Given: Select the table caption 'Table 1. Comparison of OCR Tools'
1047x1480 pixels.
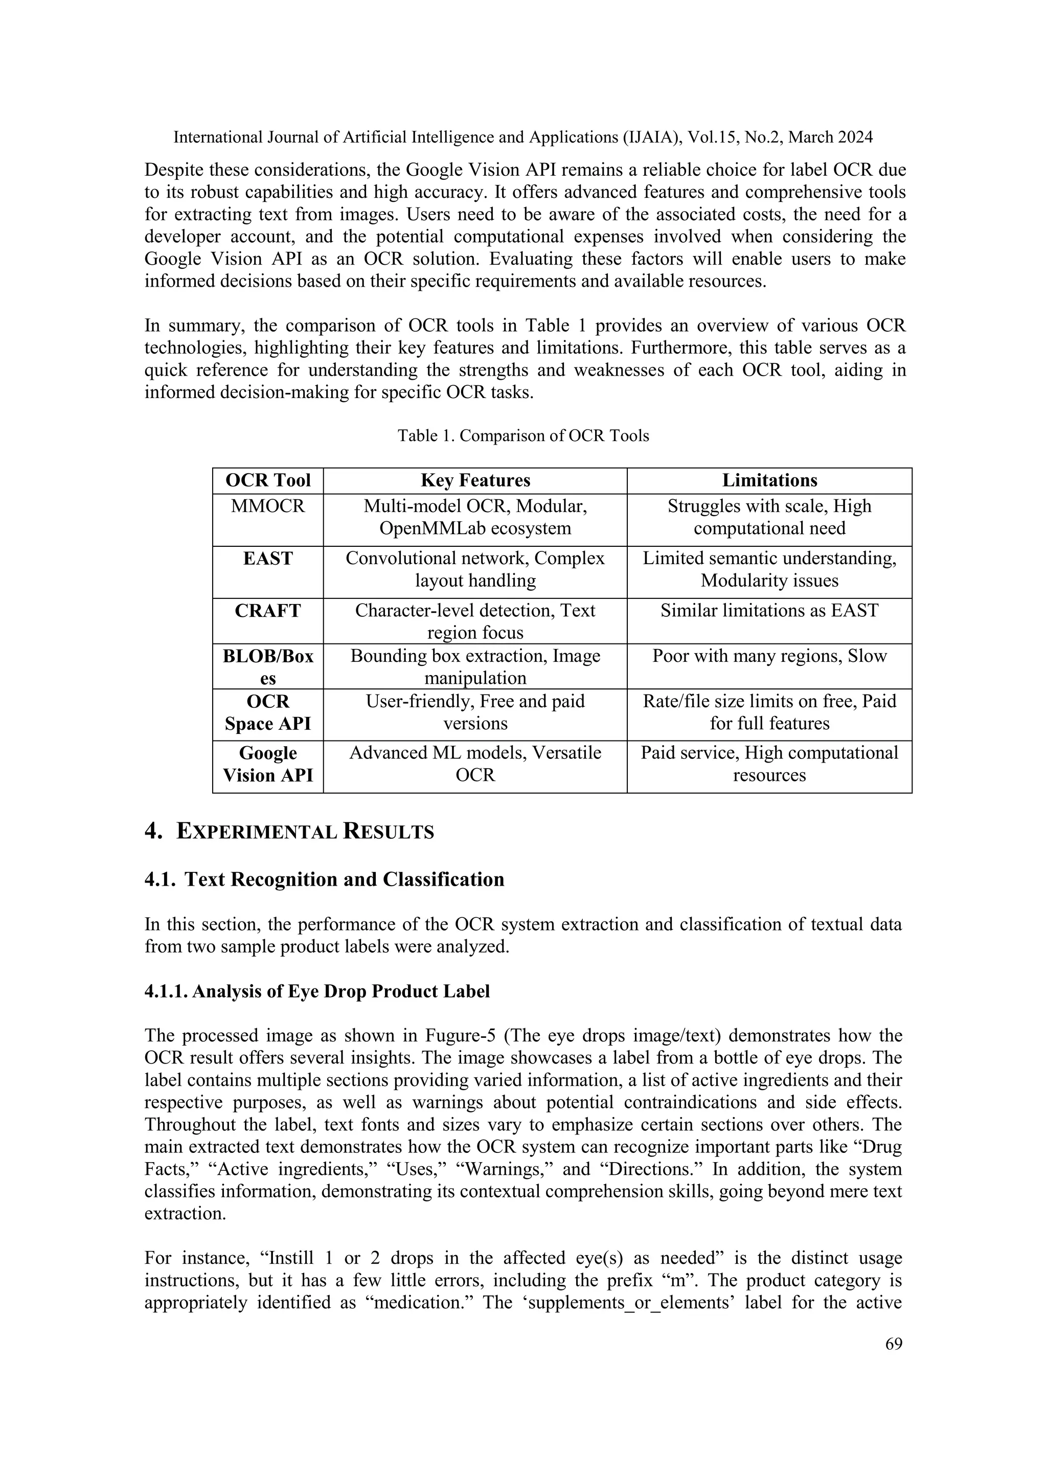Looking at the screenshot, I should (523, 436).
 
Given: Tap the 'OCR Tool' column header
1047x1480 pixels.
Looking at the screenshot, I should (267, 480).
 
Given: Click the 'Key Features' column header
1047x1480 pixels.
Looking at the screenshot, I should (475, 480).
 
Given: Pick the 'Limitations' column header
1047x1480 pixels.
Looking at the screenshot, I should (769, 480).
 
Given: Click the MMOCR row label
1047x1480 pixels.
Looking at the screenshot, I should (267, 506).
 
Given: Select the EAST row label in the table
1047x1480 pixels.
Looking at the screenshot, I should (267, 558).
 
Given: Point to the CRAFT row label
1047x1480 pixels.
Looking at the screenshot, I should (267, 610).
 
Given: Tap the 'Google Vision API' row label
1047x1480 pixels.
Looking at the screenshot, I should (267, 764).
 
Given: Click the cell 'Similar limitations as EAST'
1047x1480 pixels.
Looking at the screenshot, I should (769, 610).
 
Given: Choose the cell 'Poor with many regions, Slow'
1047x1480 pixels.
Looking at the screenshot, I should (769, 656).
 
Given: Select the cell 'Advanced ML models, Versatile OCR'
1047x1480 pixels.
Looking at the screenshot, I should (475, 764).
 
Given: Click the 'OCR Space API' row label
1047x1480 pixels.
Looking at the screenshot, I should (267, 712).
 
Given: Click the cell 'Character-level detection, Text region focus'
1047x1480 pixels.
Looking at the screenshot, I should (475, 621).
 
